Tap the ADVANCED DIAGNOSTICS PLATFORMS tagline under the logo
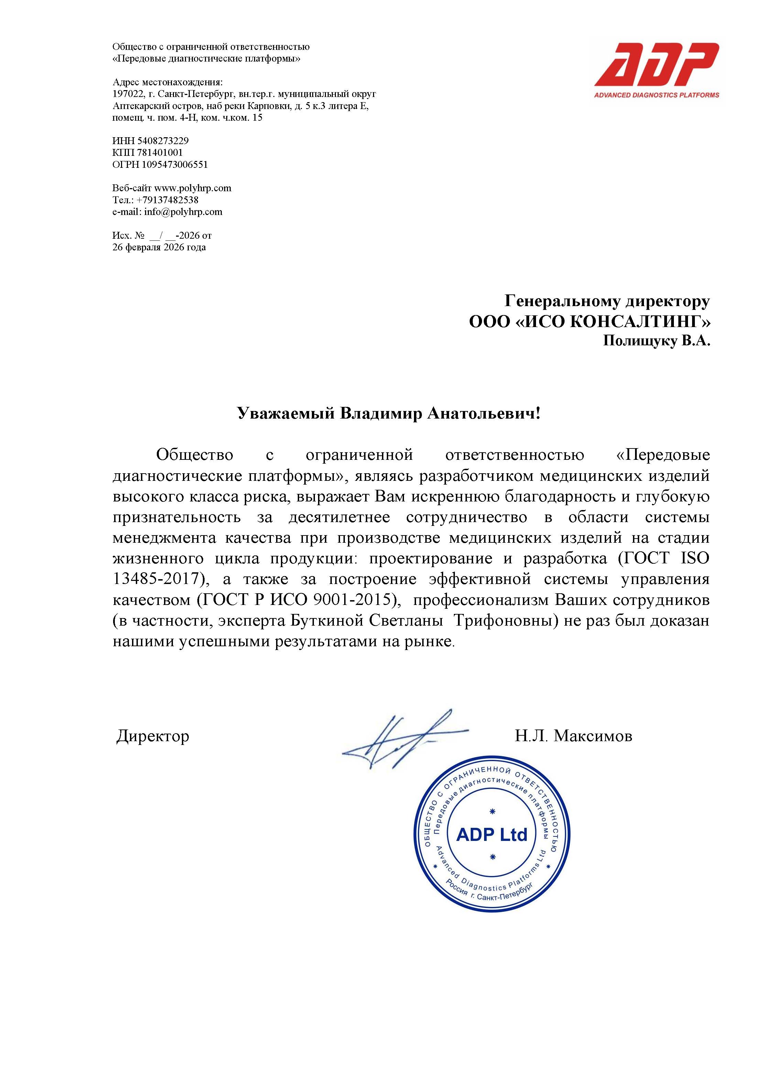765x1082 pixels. point(656,95)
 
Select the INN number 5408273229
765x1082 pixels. point(163,140)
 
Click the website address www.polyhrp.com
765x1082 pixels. point(193,188)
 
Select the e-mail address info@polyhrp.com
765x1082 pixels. point(183,212)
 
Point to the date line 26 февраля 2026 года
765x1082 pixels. point(159,247)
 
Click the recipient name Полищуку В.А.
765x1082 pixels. point(656,341)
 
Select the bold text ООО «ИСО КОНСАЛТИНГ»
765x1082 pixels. point(589,321)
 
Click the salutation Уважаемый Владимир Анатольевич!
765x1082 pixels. point(388,413)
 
